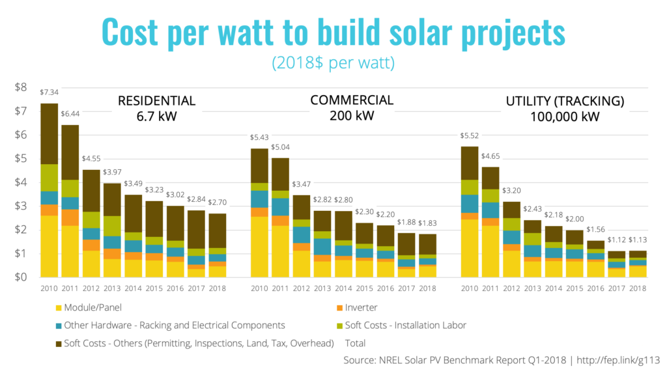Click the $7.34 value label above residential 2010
click(49, 93)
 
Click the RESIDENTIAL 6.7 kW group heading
click(156, 108)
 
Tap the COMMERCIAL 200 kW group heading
click(352, 107)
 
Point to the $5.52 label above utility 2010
click(470, 137)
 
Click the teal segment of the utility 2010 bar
click(470, 203)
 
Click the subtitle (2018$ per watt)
click(333, 64)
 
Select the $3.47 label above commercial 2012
click(301, 186)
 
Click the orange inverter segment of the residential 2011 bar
click(70, 217)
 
